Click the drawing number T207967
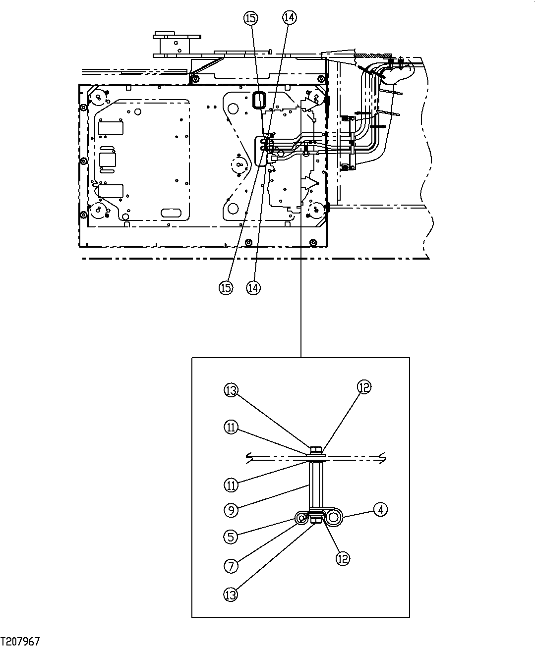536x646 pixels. click(20, 641)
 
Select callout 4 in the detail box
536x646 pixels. click(380, 509)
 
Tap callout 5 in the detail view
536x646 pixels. click(231, 536)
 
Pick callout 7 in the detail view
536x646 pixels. click(231, 565)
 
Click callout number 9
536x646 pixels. click(231, 508)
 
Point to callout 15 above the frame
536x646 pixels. click(250, 18)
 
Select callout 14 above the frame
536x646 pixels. click(289, 17)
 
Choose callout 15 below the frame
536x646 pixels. click(226, 287)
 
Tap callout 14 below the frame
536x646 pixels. click(253, 287)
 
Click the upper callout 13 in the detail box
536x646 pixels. click(231, 390)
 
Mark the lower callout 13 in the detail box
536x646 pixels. click(231, 594)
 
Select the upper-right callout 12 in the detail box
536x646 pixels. click(364, 387)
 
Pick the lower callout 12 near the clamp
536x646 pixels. click(343, 558)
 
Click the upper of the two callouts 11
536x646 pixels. click(231, 427)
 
